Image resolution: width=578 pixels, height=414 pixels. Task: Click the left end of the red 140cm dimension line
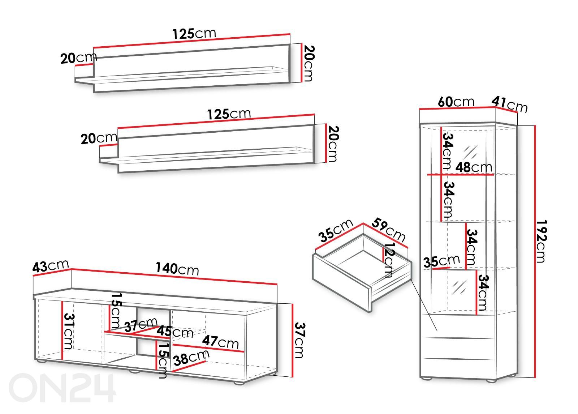[72, 269]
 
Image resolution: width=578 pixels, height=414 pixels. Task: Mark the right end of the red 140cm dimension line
[277, 285]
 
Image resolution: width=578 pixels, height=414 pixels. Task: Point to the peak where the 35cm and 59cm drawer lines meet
[363, 223]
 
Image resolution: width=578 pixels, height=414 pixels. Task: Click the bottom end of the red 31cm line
[62, 359]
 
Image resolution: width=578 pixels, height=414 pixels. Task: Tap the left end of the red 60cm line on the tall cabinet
[419, 110]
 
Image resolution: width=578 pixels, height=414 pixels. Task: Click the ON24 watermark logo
[62, 388]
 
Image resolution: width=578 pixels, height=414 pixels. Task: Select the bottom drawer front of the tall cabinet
[458, 367]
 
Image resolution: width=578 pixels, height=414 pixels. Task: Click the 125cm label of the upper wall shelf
[194, 34]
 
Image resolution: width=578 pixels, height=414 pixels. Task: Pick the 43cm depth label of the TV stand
[51, 266]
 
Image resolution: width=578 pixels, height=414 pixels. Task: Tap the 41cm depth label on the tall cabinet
[509, 104]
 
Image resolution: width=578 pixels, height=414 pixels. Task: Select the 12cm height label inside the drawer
[388, 260]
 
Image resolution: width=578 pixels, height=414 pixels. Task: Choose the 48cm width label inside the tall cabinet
[474, 167]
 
